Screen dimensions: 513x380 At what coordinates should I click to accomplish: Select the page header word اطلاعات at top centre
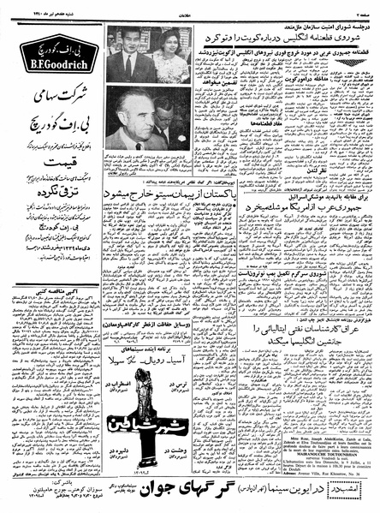[x=190, y=7]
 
